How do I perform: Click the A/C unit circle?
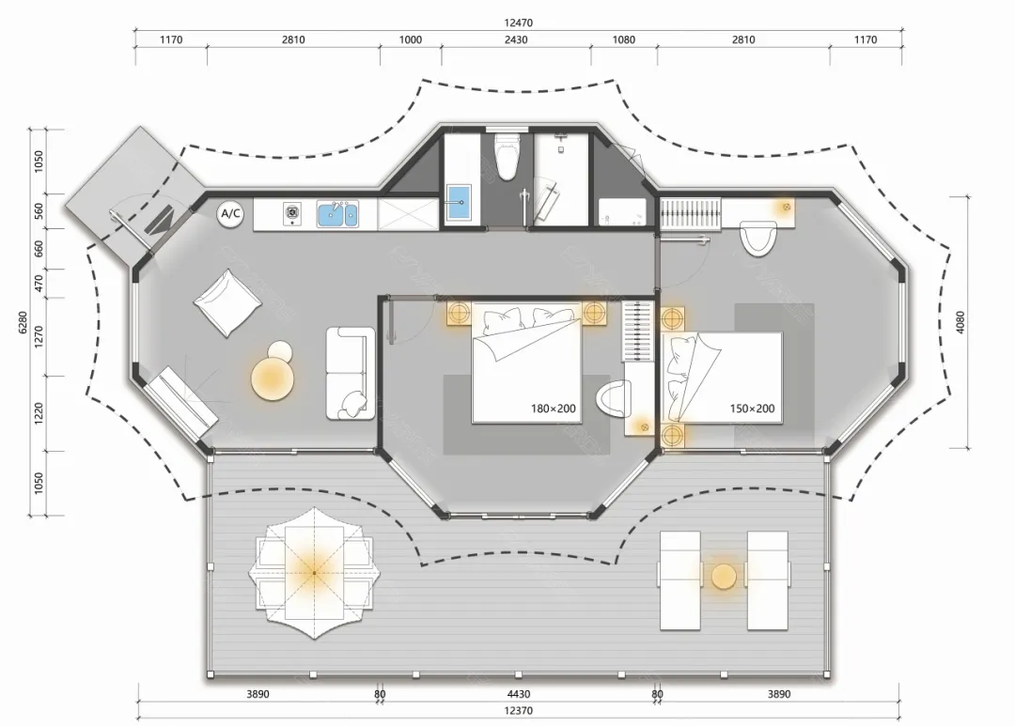(231, 213)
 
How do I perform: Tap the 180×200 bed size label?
(553, 409)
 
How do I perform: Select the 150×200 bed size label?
(752, 409)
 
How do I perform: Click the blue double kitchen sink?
(337, 214)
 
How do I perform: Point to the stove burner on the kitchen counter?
(292, 212)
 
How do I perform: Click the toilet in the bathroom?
(507, 156)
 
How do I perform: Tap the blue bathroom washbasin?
(460, 203)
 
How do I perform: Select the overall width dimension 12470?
(518, 23)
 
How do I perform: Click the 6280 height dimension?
(23, 322)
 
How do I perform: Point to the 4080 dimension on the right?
(960, 322)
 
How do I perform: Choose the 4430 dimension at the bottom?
(519, 694)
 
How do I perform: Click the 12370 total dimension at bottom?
(518, 710)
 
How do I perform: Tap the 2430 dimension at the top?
(516, 39)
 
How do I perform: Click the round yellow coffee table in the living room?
(273, 379)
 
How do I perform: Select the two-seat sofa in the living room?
(351, 374)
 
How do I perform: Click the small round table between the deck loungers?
(724, 578)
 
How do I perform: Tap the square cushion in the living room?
(227, 302)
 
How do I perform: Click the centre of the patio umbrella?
(315, 573)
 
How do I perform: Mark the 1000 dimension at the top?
(411, 39)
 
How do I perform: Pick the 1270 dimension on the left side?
(39, 336)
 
